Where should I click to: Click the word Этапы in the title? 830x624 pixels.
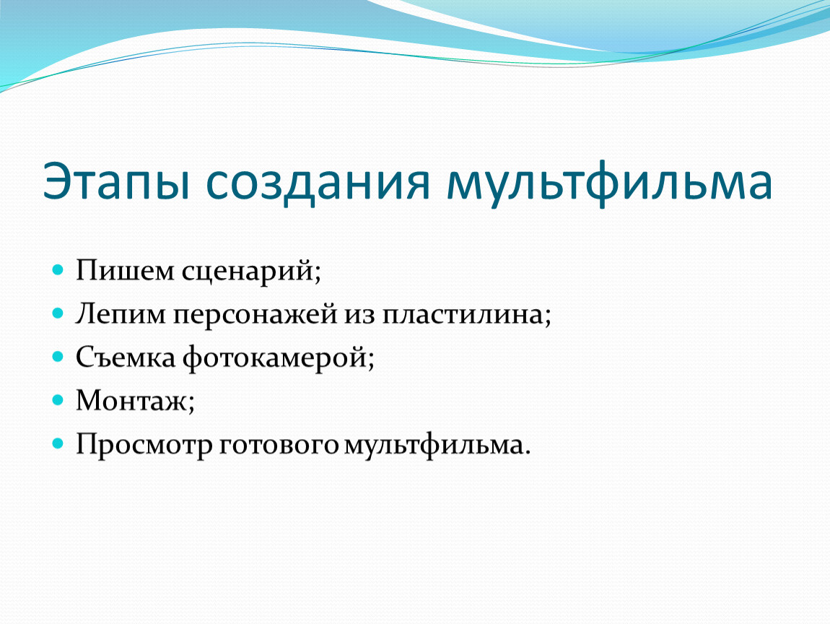point(116,182)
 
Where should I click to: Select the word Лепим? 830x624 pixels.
point(121,313)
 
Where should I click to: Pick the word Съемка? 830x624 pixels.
point(126,357)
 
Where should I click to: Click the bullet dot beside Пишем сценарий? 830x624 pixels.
point(58,269)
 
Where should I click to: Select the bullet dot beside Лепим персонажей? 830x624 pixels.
point(58,313)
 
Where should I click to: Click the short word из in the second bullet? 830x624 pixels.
point(360,316)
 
